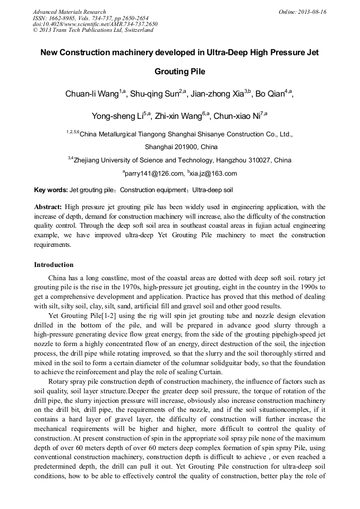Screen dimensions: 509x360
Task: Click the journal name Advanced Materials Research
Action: pyautogui.click(x=69, y=12)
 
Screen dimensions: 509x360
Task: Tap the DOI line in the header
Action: pyautogui.click(x=95, y=24)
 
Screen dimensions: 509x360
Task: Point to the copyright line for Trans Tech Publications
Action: pyautogui.click(x=93, y=30)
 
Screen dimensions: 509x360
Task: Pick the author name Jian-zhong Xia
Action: pyautogui.click(x=218, y=94)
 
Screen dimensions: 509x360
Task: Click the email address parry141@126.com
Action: pyautogui.click(x=153, y=174)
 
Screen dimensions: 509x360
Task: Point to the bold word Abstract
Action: pyautogui.click(x=48, y=206)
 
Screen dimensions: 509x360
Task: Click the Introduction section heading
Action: pyautogui.click(x=54, y=265)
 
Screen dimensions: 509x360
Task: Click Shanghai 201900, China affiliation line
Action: pyautogui.click(x=181, y=147)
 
